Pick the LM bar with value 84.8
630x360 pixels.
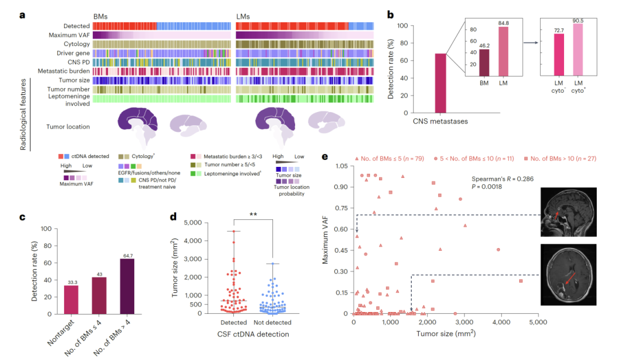point(502,51)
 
